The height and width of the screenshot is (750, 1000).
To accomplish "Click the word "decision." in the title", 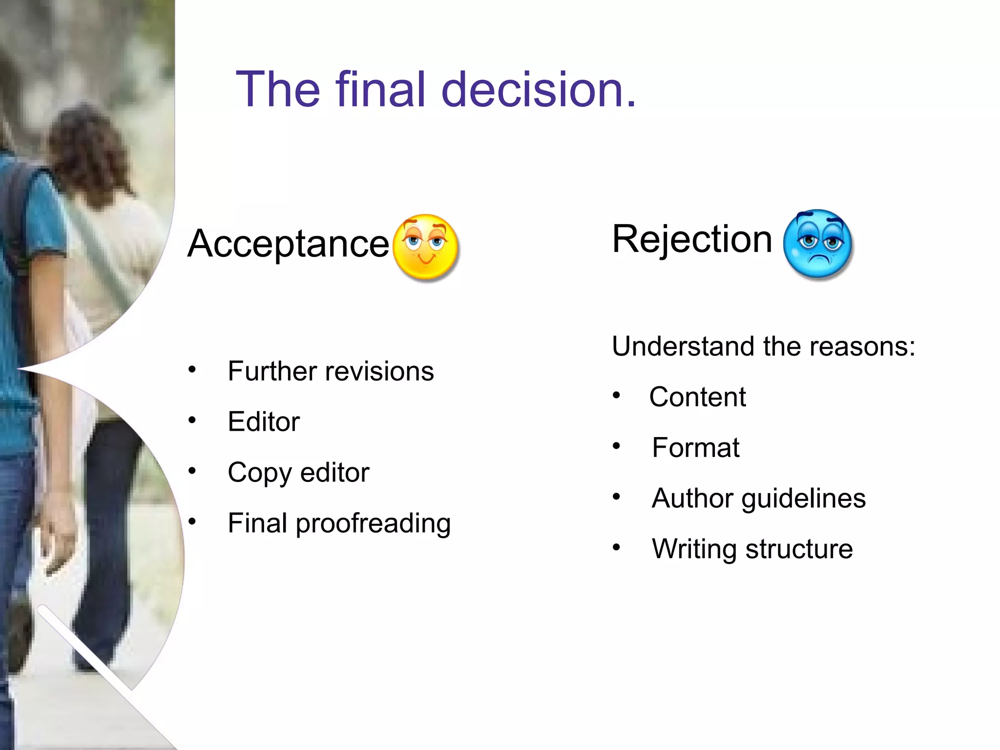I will click(x=539, y=89).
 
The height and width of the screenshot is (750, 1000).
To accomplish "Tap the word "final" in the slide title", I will click(x=381, y=89).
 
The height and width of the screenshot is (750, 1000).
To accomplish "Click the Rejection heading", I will click(x=692, y=239).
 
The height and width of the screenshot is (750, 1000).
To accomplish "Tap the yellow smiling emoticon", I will click(x=426, y=248).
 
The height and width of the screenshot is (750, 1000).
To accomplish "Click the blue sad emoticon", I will click(x=817, y=244).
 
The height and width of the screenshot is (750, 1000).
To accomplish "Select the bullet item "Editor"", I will click(x=264, y=421).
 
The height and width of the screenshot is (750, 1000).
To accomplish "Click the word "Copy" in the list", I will click(x=260, y=473).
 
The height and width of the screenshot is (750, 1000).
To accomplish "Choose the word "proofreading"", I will click(x=373, y=524).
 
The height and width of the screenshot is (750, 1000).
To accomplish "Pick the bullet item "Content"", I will click(x=697, y=397).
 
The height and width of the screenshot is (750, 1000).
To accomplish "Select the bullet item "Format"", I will click(x=695, y=448).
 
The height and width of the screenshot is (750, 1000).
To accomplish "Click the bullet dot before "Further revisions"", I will click(x=192, y=370).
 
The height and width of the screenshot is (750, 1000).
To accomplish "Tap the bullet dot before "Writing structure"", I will click(x=617, y=547).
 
